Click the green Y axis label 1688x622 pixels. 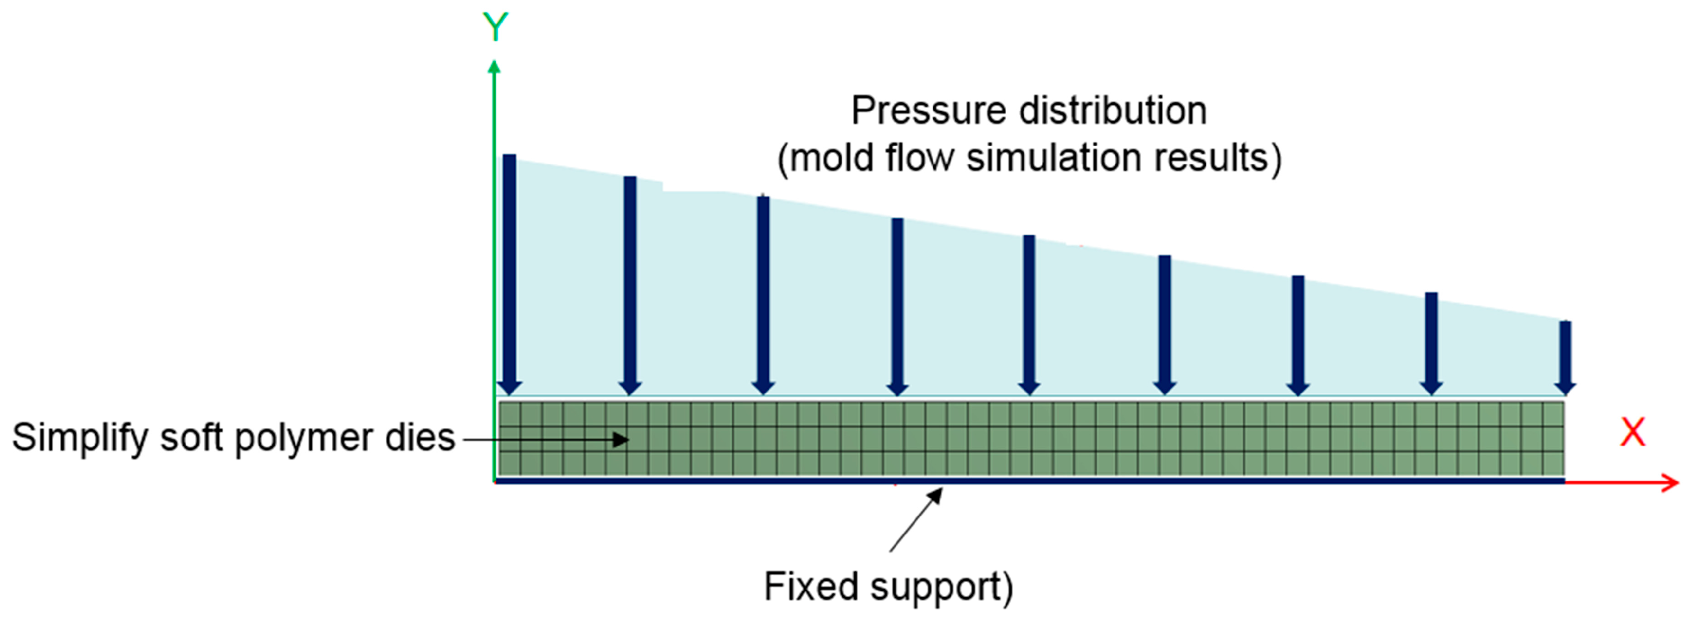(495, 28)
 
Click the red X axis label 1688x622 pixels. (1632, 433)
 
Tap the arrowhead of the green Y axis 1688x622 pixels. (495, 67)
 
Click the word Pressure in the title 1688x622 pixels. (927, 111)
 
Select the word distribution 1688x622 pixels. (1112, 111)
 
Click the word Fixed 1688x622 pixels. (810, 586)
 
